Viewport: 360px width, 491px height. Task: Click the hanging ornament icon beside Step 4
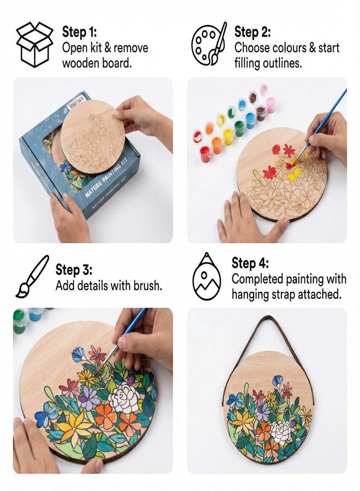click(207, 276)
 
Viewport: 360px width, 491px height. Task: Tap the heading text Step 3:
click(74, 270)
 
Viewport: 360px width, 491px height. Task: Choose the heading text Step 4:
click(250, 264)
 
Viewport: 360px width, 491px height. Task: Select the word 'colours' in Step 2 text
click(287, 47)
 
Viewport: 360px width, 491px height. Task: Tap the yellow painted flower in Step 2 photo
click(293, 173)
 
